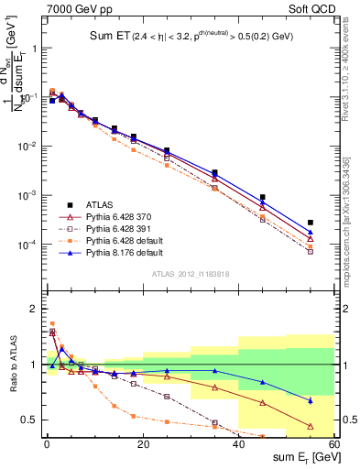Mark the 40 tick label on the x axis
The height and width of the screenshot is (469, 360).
tap(238, 444)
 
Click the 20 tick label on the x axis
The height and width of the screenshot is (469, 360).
tap(142, 444)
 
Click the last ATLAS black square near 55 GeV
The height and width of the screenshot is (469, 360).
tap(311, 223)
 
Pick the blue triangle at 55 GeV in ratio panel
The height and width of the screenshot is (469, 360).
tap(311, 400)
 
